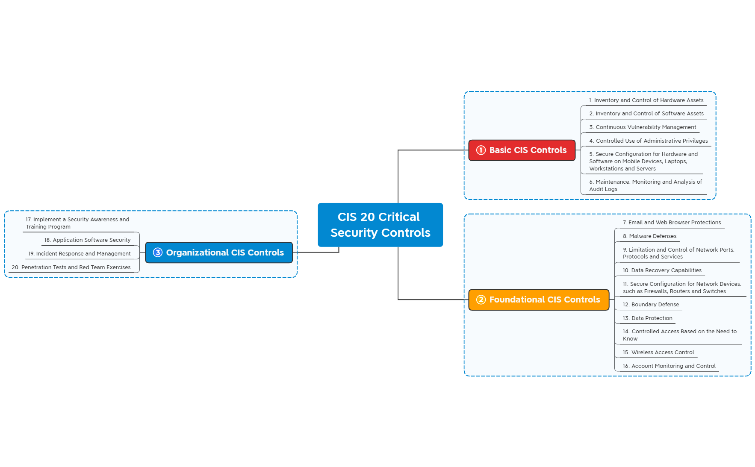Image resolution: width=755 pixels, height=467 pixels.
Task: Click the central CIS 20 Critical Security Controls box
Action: [x=380, y=225]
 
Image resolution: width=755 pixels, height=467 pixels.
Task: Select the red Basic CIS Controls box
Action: [x=522, y=150]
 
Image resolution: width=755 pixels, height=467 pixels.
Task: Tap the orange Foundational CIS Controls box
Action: [x=539, y=300]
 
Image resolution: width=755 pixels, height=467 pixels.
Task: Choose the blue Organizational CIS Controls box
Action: [x=219, y=253]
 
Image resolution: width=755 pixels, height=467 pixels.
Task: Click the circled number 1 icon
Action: [x=481, y=150]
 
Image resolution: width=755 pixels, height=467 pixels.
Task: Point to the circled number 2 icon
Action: [x=481, y=300]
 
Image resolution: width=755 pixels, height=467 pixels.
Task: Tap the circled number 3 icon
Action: [x=158, y=253]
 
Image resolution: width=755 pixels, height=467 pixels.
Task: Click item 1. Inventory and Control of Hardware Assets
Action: [x=646, y=100]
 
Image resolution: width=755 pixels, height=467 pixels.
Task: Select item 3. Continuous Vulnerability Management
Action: [x=643, y=127]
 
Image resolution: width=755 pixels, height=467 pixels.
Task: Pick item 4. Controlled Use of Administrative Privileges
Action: [x=648, y=141]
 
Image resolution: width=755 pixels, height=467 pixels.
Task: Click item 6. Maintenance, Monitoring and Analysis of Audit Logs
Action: [x=645, y=185]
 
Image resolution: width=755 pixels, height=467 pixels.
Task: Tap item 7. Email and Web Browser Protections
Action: [x=672, y=223]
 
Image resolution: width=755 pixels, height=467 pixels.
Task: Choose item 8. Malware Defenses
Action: [x=649, y=236]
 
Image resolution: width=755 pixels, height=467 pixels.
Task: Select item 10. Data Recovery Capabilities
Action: [x=662, y=270]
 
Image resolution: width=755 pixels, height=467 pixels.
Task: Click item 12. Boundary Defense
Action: [x=651, y=305]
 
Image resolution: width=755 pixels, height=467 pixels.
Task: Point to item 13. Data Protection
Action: [x=647, y=318]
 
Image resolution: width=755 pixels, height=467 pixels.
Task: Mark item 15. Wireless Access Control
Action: [x=658, y=352]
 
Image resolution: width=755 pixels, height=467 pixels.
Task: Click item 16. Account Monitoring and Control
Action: [x=669, y=366]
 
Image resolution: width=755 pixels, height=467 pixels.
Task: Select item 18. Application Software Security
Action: [x=88, y=240]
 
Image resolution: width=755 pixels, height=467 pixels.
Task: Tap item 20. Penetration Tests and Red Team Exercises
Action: [x=71, y=267]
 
